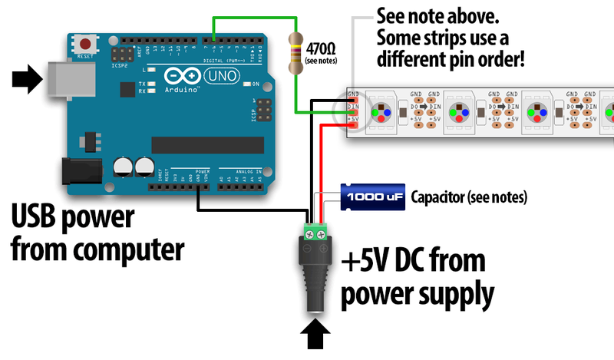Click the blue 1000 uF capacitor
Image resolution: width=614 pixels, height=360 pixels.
pos(372,197)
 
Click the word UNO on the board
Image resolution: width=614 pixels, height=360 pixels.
pos(224,75)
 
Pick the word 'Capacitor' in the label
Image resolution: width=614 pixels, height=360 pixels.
pos(437,197)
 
